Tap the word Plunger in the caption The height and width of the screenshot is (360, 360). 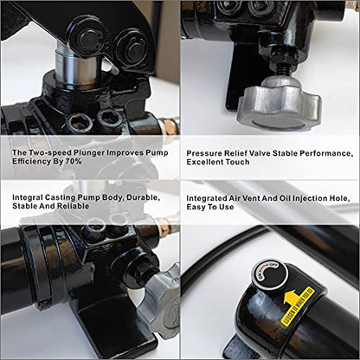[89, 152]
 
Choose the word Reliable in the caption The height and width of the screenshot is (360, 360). [73, 206]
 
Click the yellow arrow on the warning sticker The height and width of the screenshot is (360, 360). [291, 298]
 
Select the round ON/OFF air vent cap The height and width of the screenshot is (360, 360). [269, 276]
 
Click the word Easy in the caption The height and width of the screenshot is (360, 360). [195, 207]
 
